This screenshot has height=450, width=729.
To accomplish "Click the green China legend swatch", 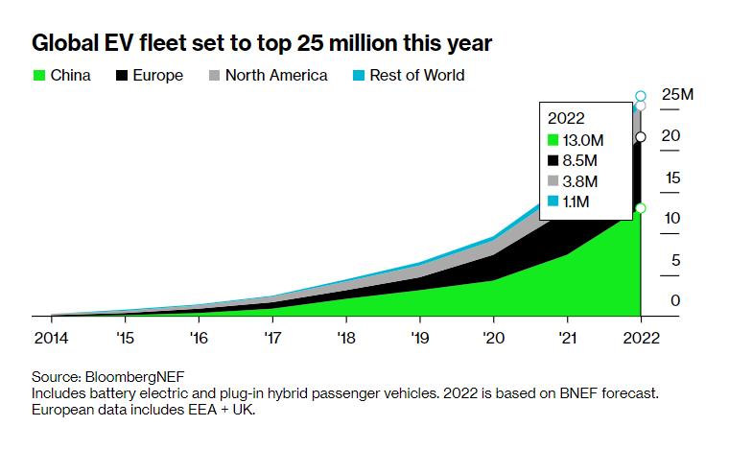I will (x=39, y=75).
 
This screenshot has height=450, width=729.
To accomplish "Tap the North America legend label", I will (x=276, y=75).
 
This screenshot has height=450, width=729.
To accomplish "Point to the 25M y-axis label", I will (x=677, y=95).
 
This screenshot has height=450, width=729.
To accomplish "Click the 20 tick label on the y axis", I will (x=670, y=136).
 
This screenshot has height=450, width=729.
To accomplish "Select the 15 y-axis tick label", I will (x=670, y=178).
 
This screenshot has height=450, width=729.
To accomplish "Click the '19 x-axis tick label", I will (x=419, y=338).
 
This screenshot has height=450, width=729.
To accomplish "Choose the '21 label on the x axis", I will (x=567, y=338).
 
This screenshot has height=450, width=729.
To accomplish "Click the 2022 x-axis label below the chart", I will (x=640, y=338).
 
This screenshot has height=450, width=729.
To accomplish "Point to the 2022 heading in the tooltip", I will (x=566, y=118).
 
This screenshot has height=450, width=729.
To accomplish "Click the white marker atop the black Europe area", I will (x=641, y=137).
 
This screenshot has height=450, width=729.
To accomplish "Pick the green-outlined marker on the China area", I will (x=641, y=207).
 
